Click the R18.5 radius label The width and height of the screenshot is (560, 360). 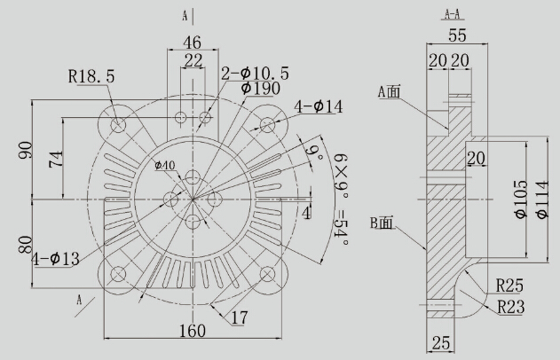click(91, 76)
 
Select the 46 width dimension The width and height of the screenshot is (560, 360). click(193, 43)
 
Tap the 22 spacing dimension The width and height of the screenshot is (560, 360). click(193, 60)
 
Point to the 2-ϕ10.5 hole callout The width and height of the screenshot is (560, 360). click(255, 74)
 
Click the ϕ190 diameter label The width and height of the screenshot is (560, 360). click(261, 89)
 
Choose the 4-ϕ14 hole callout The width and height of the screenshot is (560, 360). click(319, 106)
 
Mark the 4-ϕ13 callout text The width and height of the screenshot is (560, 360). click(55, 259)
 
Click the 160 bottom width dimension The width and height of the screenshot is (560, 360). click(193, 331)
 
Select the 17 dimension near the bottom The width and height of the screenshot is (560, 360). click(240, 317)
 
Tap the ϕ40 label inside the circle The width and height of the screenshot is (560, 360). click(165, 165)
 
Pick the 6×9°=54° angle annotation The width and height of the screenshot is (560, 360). click(342, 200)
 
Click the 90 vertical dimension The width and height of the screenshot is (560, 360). click(26, 150)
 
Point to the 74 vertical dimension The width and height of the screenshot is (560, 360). click(56, 159)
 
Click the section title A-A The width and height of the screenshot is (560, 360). click(453, 14)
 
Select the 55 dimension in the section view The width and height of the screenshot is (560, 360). click(458, 35)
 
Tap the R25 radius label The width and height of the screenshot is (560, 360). click(509, 286)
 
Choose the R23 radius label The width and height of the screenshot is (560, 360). click(511, 307)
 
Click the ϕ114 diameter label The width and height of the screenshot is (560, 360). click(541, 200)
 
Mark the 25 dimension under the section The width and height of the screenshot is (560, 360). click(441, 343)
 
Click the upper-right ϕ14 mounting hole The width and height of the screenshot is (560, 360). click(267, 124)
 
